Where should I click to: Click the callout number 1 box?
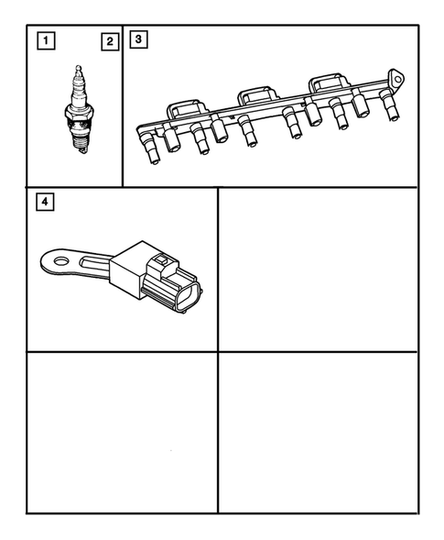[x=42, y=40]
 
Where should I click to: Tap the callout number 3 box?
[x=137, y=39]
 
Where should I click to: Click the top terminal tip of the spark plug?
[x=79, y=69]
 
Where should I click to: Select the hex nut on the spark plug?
[x=79, y=120]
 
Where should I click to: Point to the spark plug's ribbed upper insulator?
[x=79, y=92]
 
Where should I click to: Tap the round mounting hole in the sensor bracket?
[x=61, y=262]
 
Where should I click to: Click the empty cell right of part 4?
[x=318, y=269]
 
